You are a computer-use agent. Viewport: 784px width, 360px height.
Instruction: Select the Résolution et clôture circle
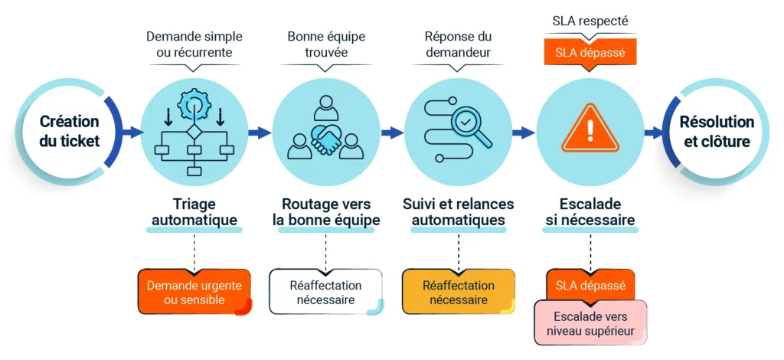pyautogui.click(x=717, y=132)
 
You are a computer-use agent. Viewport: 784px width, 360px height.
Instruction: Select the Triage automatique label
pyautogui.click(x=194, y=212)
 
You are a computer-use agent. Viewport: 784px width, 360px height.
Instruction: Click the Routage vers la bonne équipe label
pyautogui.click(x=326, y=212)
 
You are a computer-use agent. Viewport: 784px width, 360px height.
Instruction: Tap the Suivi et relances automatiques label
pyautogui.click(x=458, y=212)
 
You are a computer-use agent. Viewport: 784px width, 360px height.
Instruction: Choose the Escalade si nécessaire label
pyautogui.click(x=590, y=212)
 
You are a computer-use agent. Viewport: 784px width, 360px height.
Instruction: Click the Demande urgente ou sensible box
pyautogui.click(x=194, y=292)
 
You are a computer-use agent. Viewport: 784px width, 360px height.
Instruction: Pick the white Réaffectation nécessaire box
pyautogui.click(x=326, y=292)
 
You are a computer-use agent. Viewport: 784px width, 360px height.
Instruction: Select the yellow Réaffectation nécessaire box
pyautogui.click(x=458, y=292)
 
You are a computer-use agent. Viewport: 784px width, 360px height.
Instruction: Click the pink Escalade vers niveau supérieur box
pyautogui.click(x=590, y=323)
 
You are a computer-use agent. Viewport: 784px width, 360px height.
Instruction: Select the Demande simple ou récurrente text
pyautogui.click(x=194, y=44)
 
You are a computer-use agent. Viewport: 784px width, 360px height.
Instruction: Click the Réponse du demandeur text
pyautogui.click(x=458, y=44)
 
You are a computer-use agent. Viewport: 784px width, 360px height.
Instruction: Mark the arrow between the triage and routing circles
pyautogui.click(x=260, y=133)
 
